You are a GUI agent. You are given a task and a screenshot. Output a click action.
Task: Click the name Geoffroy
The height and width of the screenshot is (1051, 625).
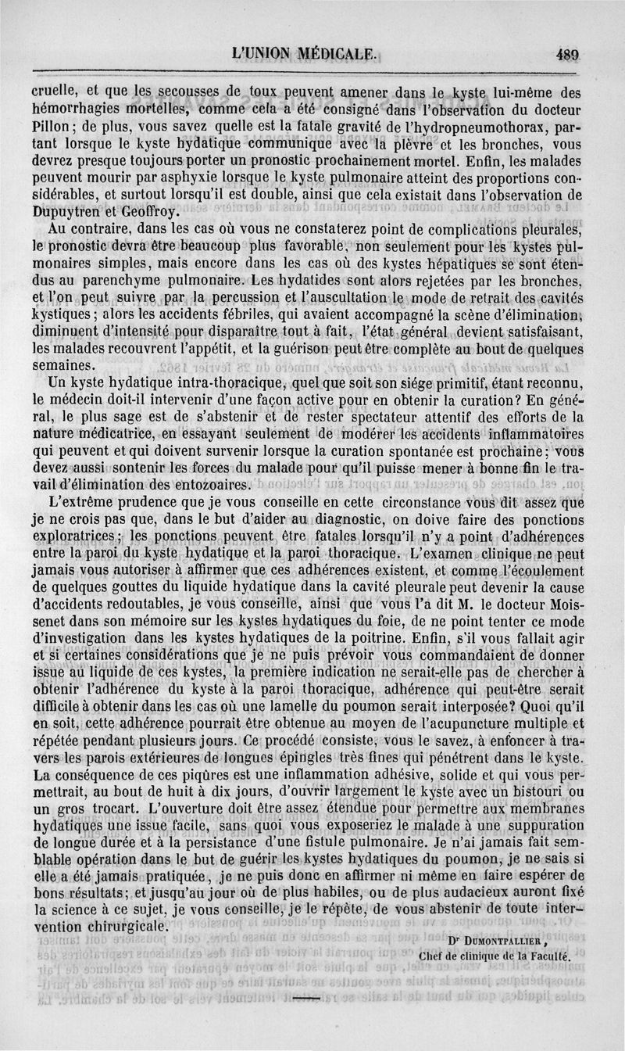[145, 210]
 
